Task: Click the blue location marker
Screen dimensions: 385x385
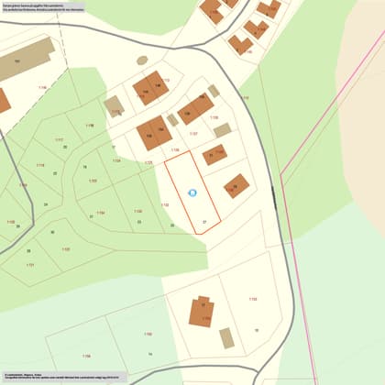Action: coord(192,192)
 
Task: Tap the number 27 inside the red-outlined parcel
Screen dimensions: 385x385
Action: coord(204,222)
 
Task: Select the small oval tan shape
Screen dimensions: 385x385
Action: coord(142,60)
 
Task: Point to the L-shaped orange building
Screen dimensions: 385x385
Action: coord(203,312)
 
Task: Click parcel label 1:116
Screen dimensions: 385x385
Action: coord(40,165)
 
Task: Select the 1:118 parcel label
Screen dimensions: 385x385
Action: coord(89,125)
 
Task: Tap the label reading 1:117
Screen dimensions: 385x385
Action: coord(60,140)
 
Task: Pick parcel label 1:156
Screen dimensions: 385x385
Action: coord(86,356)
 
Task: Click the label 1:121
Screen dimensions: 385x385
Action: coord(30,265)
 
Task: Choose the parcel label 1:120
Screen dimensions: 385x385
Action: coord(11,221)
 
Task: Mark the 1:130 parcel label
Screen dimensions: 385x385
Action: coord(252,299)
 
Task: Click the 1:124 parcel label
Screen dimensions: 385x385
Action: coord(116,160)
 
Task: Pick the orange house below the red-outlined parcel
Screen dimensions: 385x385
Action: coord(203,312)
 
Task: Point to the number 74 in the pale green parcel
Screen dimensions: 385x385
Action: coord(84,168)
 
